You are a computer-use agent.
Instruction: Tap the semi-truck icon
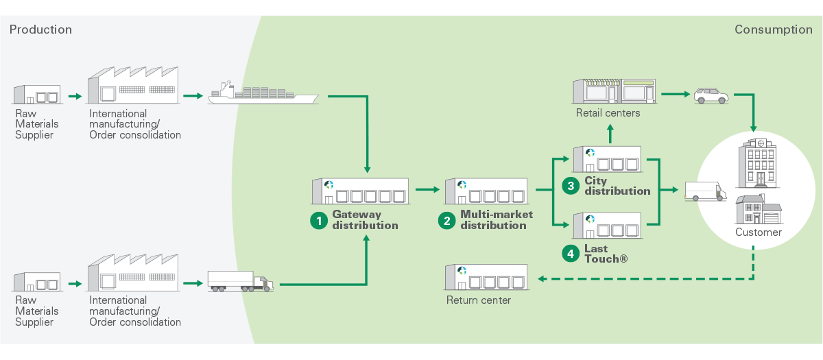(x=240, y=281)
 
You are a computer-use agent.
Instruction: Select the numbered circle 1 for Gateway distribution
(x=319, y=220)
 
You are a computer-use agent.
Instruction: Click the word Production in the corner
(x=40, y=29)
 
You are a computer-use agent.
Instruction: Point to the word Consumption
(x=773, y=29)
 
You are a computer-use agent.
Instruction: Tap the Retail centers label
(x=608, y=112)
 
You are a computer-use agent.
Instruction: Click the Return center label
(x=479, y=300)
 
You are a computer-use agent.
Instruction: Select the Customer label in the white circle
(x=759, y=232)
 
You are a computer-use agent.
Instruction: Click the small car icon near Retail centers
(x=711, y=95)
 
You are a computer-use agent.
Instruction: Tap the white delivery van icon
(x=705, y=191)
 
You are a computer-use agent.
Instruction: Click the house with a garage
(x=759, y=209)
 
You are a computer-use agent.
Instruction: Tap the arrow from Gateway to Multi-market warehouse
(x=427, y=191)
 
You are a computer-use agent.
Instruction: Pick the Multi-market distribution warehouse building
(x=486, y=191)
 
